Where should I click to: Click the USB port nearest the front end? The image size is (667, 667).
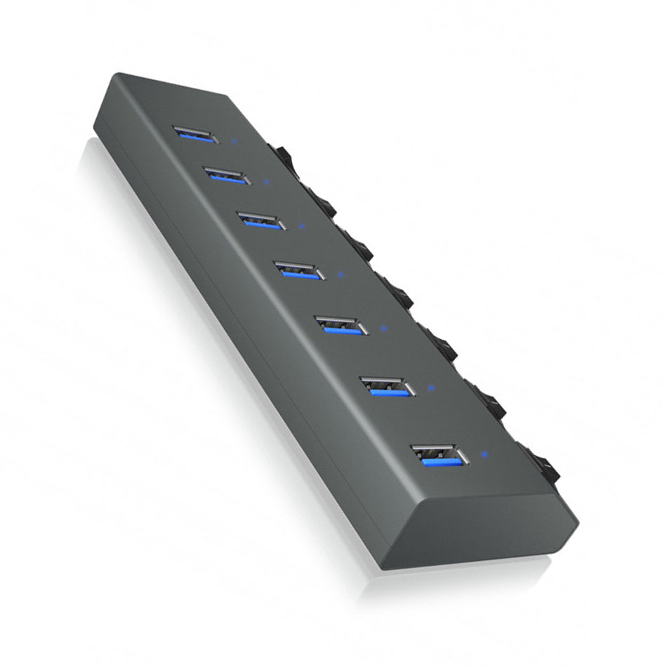[440, 456]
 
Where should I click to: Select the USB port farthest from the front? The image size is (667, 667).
[194, 134]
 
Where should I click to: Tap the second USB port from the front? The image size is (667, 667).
[387, 387]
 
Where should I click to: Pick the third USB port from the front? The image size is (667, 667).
[341, 326]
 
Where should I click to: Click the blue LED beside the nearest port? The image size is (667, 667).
[483, 453]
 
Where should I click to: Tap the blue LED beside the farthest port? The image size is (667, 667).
[233, 140]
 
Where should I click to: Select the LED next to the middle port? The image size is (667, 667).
[341, 275]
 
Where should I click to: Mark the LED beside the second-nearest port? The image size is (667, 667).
[430, 387]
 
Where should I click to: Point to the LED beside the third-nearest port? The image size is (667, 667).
[383, 327]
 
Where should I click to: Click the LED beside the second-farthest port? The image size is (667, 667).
[265, 182]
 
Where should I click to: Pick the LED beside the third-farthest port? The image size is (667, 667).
[301, 226]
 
